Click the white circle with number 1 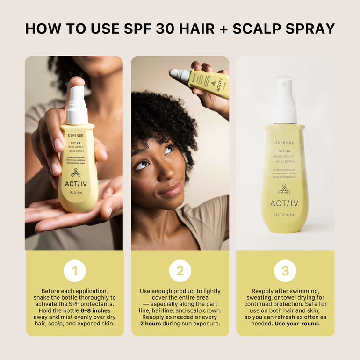pyautogui.click(x=75, y=271)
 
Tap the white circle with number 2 pyautogui.click(x=180, y=271)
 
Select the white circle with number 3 pyautogui.click(x=285, y=271)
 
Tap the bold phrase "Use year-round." pyautogui.click(x=297, y=324)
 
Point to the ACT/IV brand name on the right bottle pyautogui.click(x=284, y=204)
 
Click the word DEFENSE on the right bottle pyautogui.click(x=284, y=142)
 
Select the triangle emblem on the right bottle pyautogui.click(x=284, y=189)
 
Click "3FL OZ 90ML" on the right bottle pyautogui.click(x=284, y=215)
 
